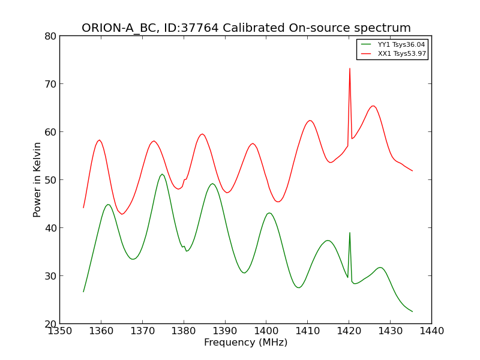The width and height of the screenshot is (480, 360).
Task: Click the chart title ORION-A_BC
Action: pos(246,28)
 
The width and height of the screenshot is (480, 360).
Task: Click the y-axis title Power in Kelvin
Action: pos(37,179)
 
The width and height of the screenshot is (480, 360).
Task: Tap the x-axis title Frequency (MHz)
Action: pos(245,343)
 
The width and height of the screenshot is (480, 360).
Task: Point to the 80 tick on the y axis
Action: pos(50,36)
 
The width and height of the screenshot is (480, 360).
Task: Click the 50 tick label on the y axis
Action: pos(50,180)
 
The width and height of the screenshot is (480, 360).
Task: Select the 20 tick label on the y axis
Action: pos(50,324)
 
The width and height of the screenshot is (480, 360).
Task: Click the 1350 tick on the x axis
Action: pos(59,331)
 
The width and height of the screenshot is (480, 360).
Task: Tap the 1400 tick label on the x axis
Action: pos(266,331)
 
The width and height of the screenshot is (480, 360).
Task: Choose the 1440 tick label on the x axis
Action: pos(431,331)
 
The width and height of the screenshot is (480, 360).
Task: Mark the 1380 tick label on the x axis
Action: pos(183,331)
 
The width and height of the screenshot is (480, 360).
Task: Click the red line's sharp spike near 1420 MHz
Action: pos(350,68)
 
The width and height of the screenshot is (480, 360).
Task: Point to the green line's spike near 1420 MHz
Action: pos(350,233)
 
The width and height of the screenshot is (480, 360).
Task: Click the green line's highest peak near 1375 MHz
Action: pos(162,174)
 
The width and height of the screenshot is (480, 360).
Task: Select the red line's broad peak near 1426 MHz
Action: pos(373,106)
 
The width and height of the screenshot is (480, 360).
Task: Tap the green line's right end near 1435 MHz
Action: pos(412,311)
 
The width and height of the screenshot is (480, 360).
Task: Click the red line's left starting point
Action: pos(83,208)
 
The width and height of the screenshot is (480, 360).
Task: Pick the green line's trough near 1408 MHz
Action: pos(299,287)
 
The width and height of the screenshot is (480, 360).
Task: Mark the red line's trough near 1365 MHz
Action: pos(122,214)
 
